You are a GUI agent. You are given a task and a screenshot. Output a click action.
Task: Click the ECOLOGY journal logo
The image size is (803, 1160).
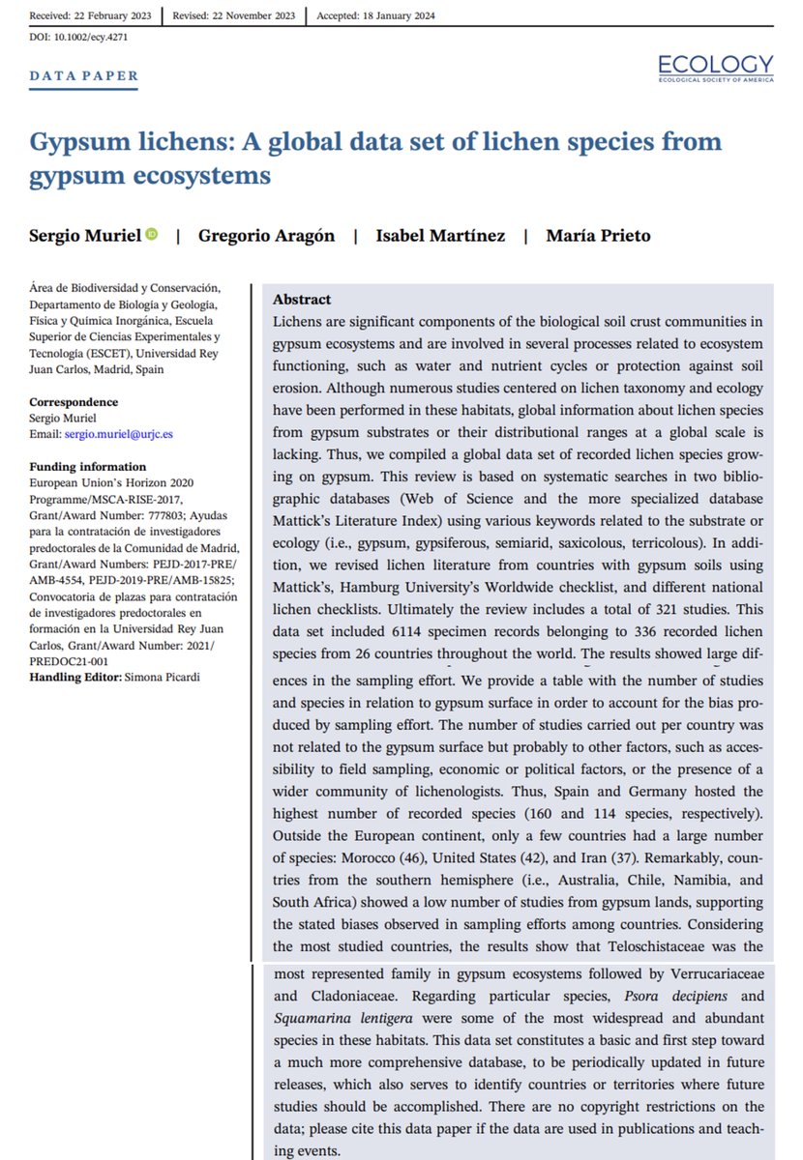tap(716, 68)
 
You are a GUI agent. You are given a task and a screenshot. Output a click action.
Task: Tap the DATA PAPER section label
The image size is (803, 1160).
tap(84, 76)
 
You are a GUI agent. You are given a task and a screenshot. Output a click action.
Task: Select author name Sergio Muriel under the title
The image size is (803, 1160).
tap(85, 236)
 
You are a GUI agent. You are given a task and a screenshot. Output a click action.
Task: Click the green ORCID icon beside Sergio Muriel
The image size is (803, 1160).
tap(151, 235)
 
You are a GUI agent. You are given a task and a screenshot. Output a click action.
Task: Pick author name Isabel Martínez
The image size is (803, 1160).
tap(440, 236)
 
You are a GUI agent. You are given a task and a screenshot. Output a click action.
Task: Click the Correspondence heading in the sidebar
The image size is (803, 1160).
tap(74, 402)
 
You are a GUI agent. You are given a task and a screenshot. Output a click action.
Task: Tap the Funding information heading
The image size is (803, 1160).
tap(88, 467)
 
